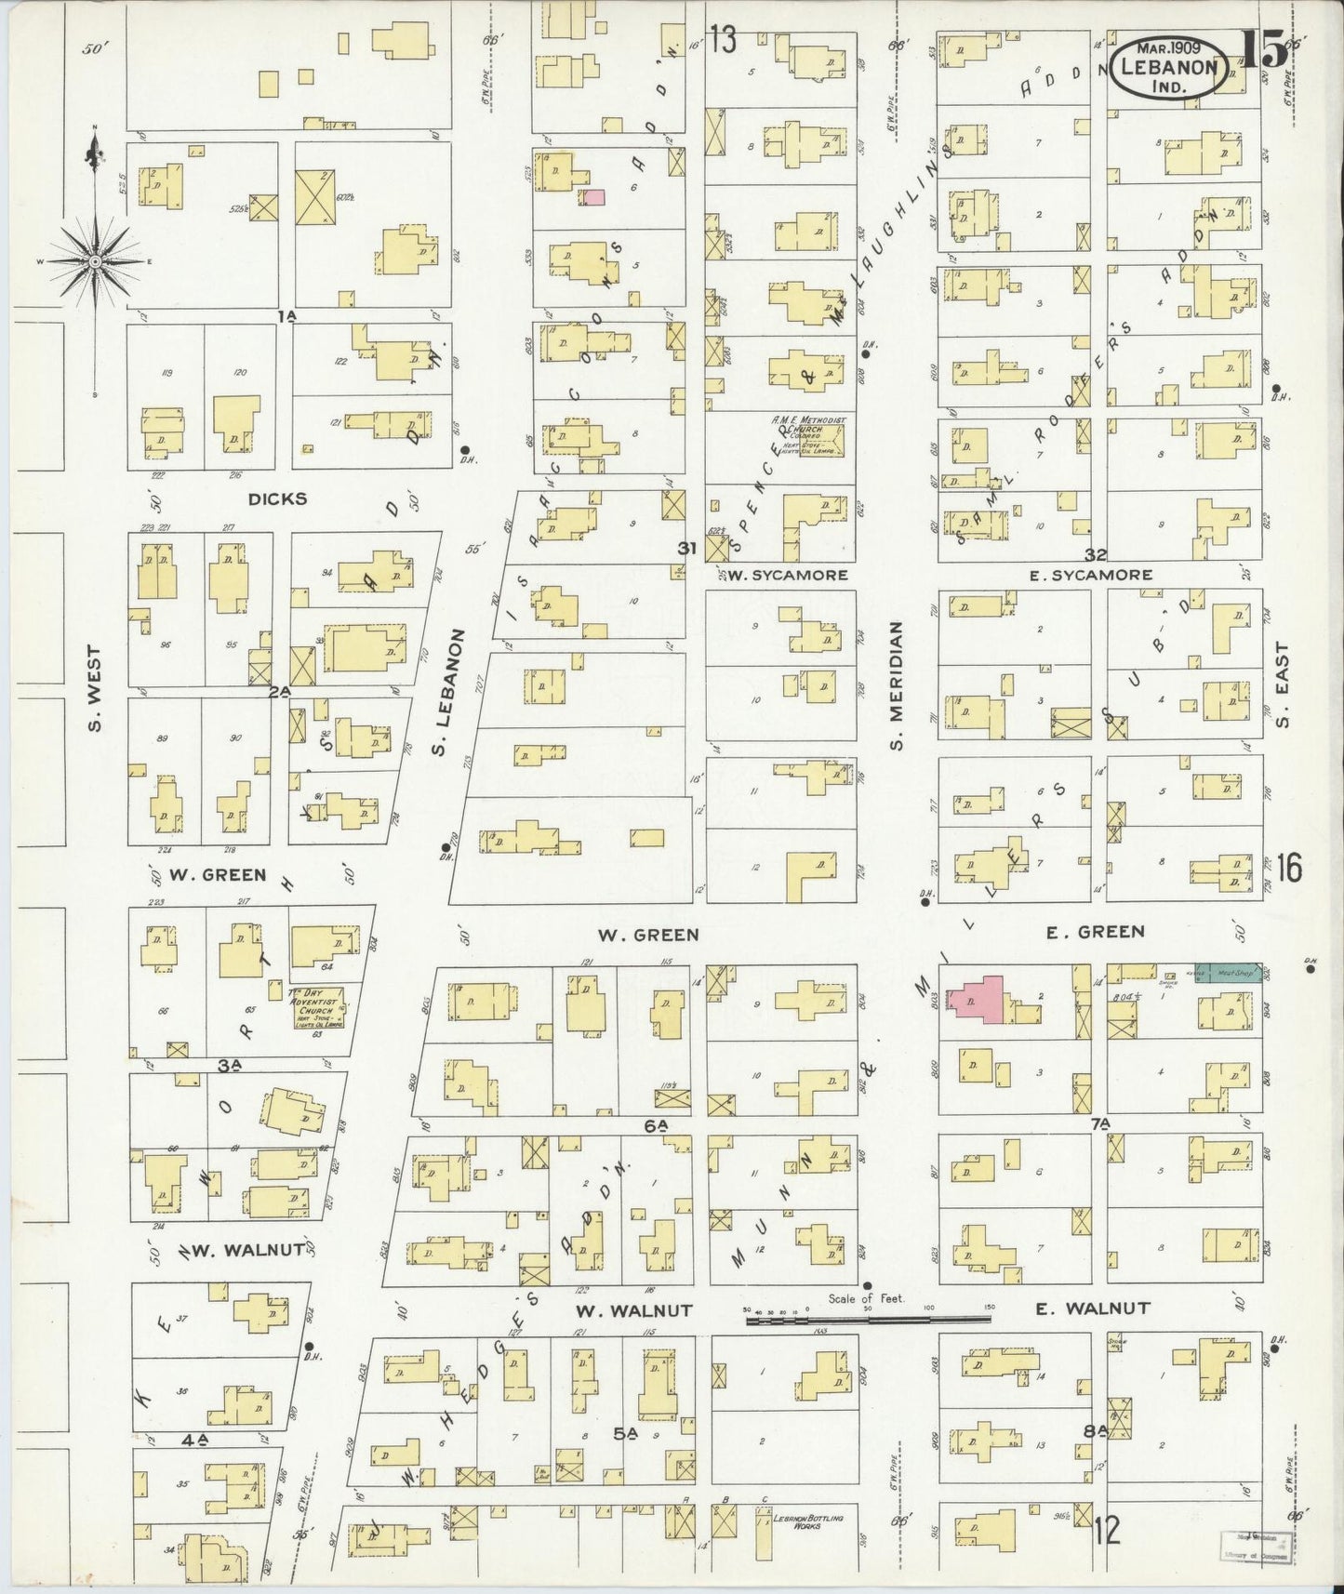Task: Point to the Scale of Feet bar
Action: [868, 1318]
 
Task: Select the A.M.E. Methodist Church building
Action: [807, 435]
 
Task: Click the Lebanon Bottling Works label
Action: [807, 1522]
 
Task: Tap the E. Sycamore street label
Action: [1091, 576]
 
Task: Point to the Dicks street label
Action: [277, 498]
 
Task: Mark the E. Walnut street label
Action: [1093, 1308]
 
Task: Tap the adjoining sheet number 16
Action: [1289, 870]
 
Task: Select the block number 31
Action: [686, 549]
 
